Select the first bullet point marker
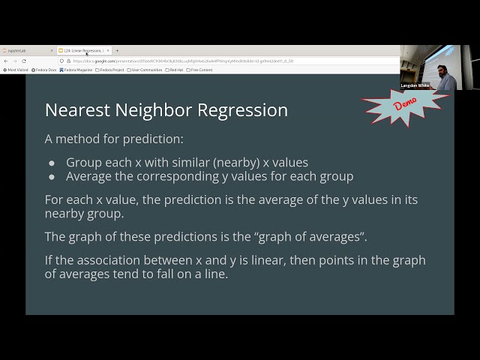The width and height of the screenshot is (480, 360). pos(52,163)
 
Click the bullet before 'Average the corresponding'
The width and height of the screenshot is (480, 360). pos(52,177)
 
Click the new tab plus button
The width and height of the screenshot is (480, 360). pos(117,50)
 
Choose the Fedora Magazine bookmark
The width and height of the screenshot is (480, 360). pos(76,70)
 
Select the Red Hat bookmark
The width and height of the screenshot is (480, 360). pos(175,70)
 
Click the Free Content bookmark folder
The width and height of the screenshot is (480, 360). pos(200,70)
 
